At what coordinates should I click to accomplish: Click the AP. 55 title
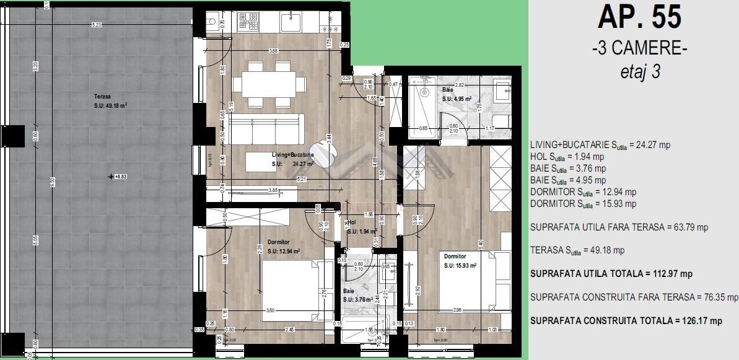639,17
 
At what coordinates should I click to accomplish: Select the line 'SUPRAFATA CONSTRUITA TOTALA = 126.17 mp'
626,320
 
